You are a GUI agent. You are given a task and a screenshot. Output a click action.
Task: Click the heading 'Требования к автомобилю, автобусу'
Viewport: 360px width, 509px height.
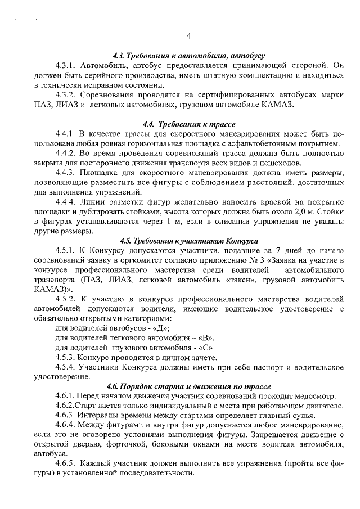188,56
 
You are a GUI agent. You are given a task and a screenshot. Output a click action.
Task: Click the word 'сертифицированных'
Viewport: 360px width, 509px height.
215,94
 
